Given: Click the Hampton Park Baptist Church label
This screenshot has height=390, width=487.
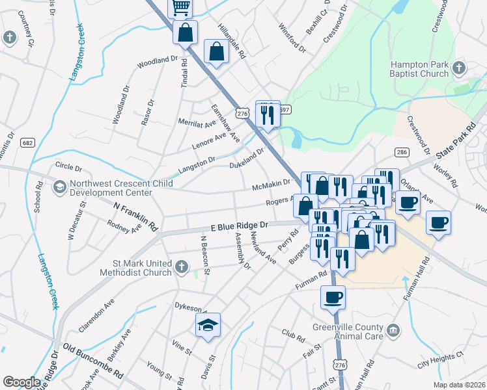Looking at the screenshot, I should click(419, 70).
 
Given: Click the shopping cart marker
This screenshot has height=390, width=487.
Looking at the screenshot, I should click(180, 7).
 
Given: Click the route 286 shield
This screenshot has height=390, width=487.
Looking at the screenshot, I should click(401, 152).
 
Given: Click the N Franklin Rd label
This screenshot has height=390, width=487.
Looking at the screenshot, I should click(136, 216).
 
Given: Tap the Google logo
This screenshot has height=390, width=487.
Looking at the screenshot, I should click(21, 382).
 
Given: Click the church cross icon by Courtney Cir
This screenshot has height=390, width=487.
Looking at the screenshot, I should click(9, 37).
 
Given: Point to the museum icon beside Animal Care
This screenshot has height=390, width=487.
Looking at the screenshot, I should click(393, 331).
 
